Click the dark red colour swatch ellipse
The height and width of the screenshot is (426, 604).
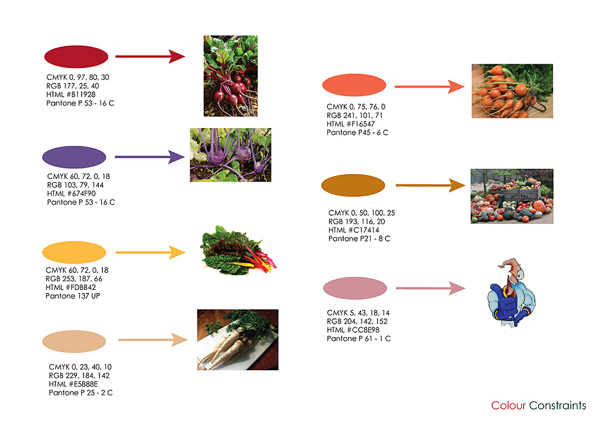(76, 57)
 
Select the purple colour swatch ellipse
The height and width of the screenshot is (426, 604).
(74, 157)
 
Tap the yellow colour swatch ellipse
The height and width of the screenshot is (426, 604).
(74, 252)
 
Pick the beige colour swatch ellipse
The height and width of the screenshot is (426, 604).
(74, 341)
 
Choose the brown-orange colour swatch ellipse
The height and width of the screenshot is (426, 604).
(353, 184)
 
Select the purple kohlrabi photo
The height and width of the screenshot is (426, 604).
(230, 154)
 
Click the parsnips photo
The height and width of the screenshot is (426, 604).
(237, 339)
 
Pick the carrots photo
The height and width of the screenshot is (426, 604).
(512, 91)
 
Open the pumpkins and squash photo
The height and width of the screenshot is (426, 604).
(512, 196)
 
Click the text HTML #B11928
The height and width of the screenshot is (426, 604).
(71, 94)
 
